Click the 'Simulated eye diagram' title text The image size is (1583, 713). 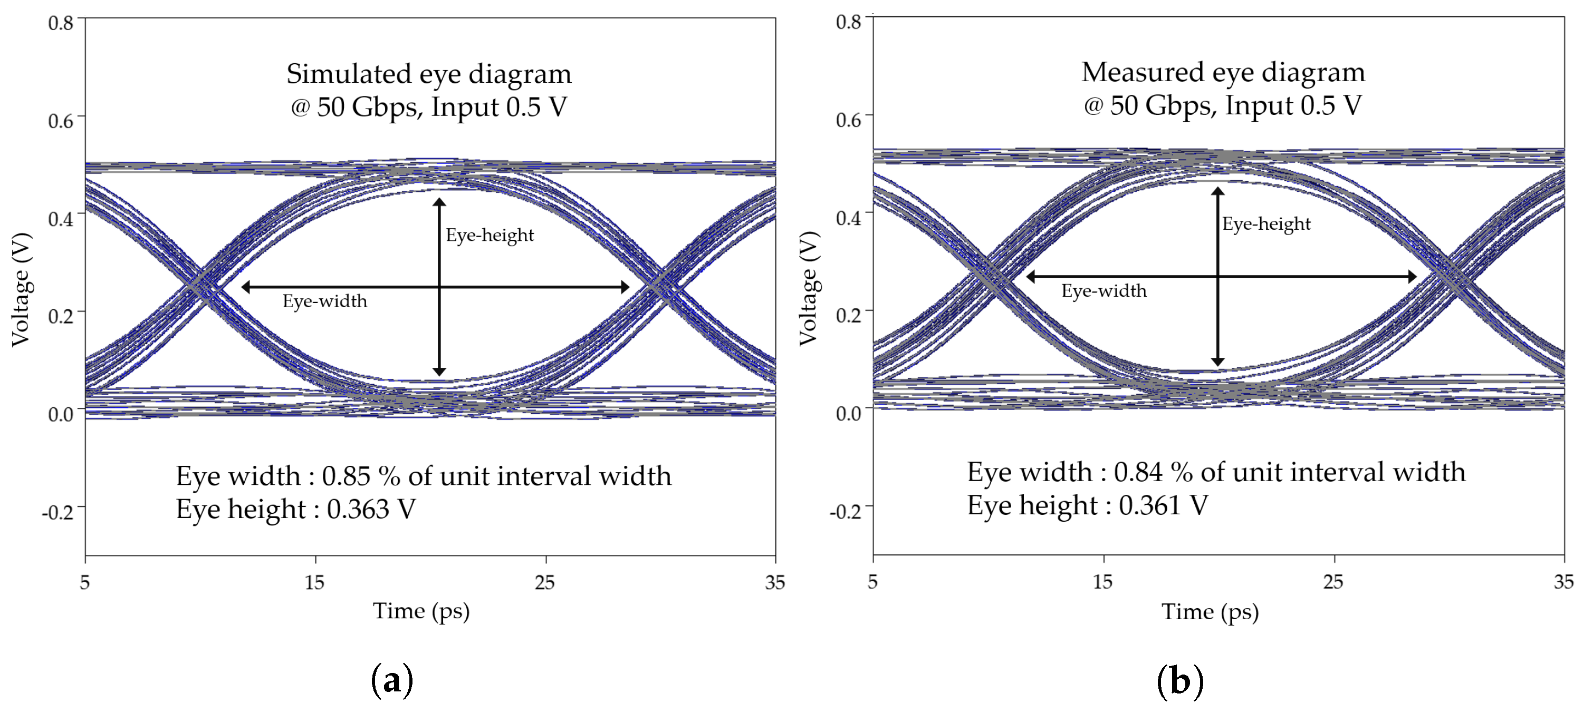(429, 74)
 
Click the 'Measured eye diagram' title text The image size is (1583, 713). (1223, 73)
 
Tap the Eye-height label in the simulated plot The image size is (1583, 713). (490, 235)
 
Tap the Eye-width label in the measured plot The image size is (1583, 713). (1104, 290)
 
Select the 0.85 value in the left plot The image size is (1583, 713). (347, 476)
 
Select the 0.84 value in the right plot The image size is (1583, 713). (1139, 472)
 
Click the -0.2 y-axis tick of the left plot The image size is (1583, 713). (58, 512)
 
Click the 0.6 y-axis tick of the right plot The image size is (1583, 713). (849, 120)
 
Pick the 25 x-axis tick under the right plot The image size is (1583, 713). (1333, 582)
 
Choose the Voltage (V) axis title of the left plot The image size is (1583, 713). (21, 289)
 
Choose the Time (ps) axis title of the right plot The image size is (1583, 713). (1210, 612)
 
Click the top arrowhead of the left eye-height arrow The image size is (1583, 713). (439, 202)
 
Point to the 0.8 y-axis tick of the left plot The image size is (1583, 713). (61, 23)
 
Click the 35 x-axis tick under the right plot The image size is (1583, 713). (1563, 582)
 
